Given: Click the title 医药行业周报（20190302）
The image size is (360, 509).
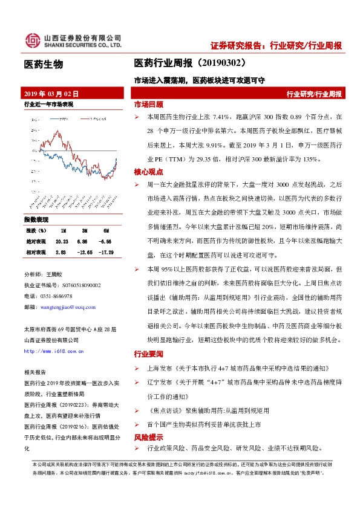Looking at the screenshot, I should tap(190, 62).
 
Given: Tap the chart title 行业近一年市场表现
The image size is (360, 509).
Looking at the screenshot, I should tap(48, 105).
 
